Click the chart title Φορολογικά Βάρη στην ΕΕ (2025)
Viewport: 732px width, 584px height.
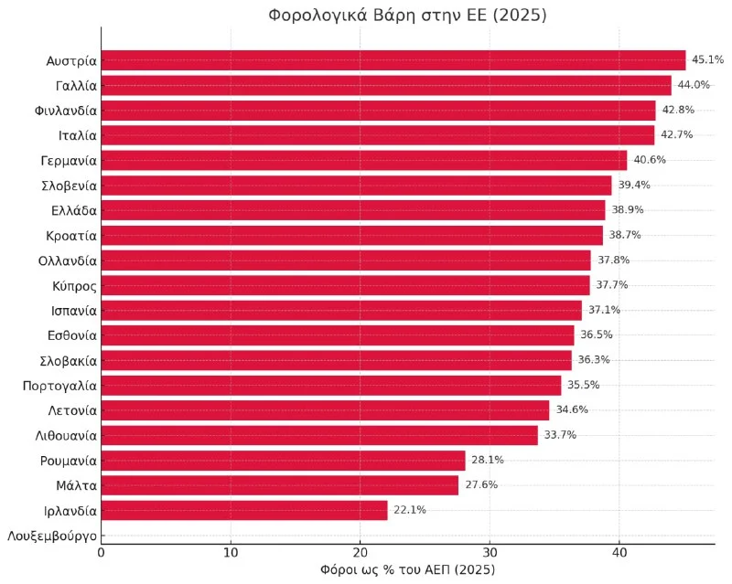click(x=407, y=16)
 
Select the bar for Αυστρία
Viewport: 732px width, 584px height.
click(x=393, y=60)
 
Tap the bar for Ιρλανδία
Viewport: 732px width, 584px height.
click(x=243, y=510)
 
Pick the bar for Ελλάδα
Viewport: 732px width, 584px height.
click(x=352, y=210)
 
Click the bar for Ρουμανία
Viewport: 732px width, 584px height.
click(x=283, y=460)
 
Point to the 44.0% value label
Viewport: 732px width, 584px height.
click(x=694, y=85)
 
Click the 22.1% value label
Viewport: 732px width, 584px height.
click(x=409, y=510)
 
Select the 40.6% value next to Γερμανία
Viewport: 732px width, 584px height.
click(x=650, y=160)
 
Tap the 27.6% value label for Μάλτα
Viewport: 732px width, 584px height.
click(x=480, y=484)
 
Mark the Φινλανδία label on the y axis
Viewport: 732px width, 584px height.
click(x=64, y=110)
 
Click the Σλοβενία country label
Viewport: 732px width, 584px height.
click(x=67, y=186)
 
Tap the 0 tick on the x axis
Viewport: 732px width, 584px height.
click(x=101, y=552)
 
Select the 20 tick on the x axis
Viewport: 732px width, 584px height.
click(x=361, y=552)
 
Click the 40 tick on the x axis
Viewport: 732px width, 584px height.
click(x=619, y=552)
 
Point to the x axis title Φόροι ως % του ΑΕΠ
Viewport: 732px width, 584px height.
click(x=407, y=570)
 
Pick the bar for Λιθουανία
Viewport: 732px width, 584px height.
click(x=319, y=435)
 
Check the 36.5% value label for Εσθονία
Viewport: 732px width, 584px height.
click(x=596, y=334)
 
